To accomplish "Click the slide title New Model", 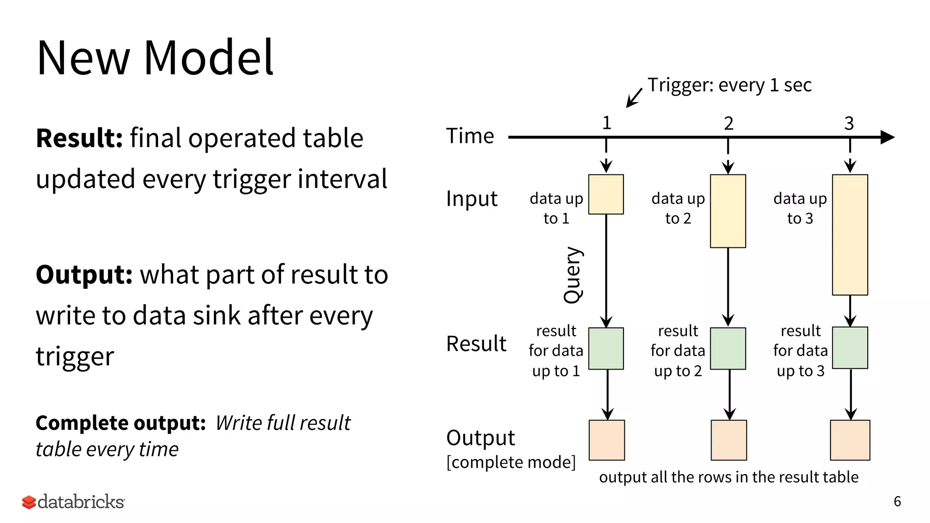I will pos(155,58).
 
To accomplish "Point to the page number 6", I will pos(897,501).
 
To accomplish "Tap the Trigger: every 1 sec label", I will pos(729,85).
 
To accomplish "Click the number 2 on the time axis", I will pos(728,123).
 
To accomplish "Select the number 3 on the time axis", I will pos(849,123).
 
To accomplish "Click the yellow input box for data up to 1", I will pos(606,194).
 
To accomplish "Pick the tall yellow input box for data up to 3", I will pos(850,235).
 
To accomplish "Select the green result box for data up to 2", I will pos(727,349).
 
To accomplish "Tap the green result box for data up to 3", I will pos(850,348).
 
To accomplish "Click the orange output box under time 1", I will pos(607,440).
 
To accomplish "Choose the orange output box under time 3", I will pos(850,440).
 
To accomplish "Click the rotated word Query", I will pos(573,275).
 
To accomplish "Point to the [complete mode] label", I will pos(511,462).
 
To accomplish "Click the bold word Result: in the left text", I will pos(79,138).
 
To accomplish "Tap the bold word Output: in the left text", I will pos(84,275).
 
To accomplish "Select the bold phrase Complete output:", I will pos(121,423).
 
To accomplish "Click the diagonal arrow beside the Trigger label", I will pos(634,98).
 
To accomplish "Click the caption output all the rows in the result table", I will pos(728,477).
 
